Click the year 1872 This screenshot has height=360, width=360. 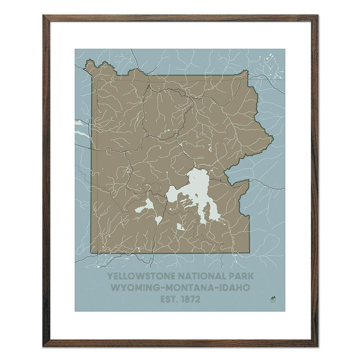(190, 299)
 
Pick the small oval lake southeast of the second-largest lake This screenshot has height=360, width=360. (159, 220)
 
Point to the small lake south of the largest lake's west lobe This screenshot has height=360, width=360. (180, 227)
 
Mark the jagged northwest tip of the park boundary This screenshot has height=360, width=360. (88, 62)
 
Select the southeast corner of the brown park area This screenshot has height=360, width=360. (249, 252)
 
